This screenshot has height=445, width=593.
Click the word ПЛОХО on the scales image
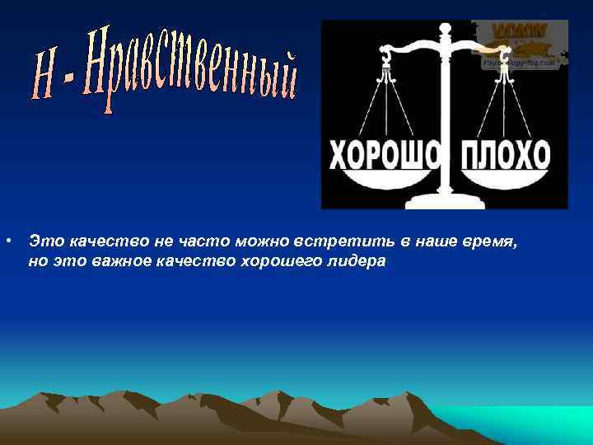click(506, 154)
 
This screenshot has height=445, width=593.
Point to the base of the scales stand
click(446, 200)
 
